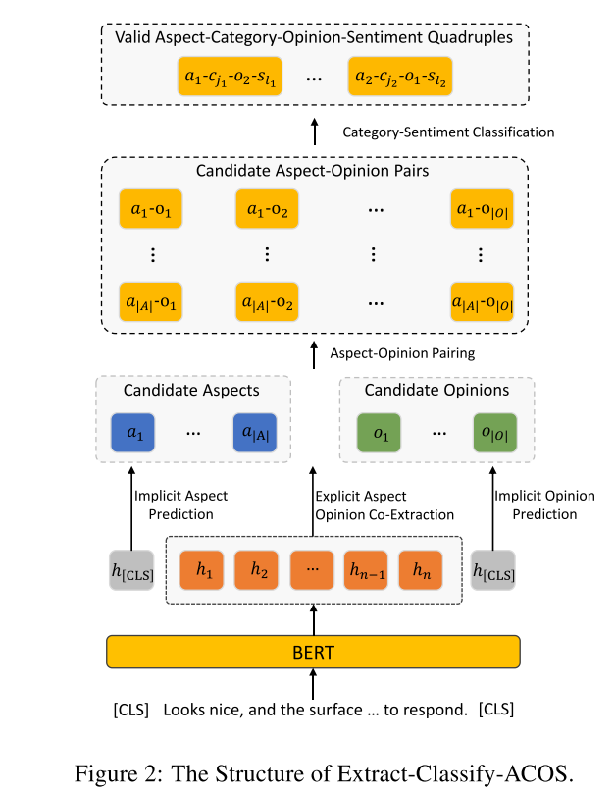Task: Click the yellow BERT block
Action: point(313,651)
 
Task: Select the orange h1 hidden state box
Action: point(204,569)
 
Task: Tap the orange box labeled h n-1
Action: point(367,569)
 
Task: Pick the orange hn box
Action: point(421,569)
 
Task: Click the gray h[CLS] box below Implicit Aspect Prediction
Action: point(130,570)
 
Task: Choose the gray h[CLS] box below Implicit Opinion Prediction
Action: point(492,570)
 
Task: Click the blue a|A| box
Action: point(255,433)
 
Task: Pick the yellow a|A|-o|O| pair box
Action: point(481,301)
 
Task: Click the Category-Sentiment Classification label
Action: point(447,132)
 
